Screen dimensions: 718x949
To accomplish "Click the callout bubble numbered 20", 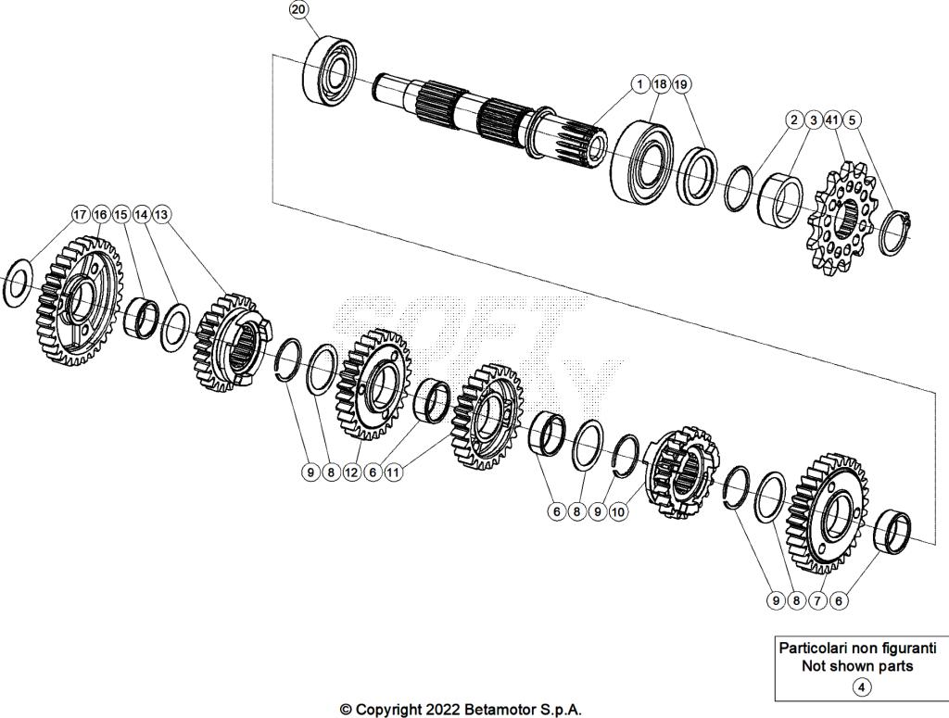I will click(298, 9).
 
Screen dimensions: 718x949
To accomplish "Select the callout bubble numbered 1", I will click(639, 84).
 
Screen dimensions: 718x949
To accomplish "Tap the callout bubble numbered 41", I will click(831, 120).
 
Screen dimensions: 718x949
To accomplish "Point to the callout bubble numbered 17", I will click(82, 214).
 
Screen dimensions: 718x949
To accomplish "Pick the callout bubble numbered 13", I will click(162, 214).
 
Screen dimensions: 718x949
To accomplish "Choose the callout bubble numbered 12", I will click(351, 472).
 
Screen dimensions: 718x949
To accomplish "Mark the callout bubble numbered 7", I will click(817, 600).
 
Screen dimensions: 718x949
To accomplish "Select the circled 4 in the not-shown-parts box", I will click(862, 687).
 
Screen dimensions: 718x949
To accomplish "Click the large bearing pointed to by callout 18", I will click(645, 160).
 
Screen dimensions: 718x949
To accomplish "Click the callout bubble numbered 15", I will click(121, 214).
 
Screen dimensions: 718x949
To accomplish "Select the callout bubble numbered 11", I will click(394, 472).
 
